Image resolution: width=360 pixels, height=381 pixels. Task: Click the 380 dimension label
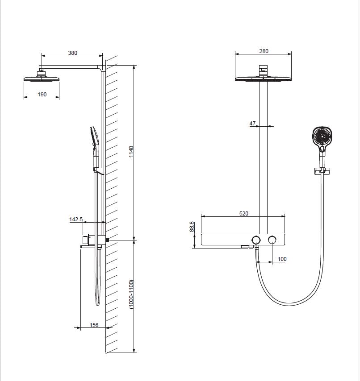pos(72,53)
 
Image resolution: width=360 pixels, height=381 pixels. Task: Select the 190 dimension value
pos(42,94)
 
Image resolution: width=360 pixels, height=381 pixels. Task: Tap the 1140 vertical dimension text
pos(131,152)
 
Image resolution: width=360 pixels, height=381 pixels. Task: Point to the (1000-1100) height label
pos(131,294)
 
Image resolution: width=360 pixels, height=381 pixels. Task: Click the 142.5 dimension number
pos(76,219)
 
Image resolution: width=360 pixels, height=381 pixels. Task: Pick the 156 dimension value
pos(94,325)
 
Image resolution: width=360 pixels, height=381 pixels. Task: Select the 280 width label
pos(264,51)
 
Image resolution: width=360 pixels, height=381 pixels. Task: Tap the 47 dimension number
pos(252,124)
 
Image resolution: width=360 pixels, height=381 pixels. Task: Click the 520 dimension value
pos(244,213)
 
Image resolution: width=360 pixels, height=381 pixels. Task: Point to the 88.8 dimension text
pos(192,227)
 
